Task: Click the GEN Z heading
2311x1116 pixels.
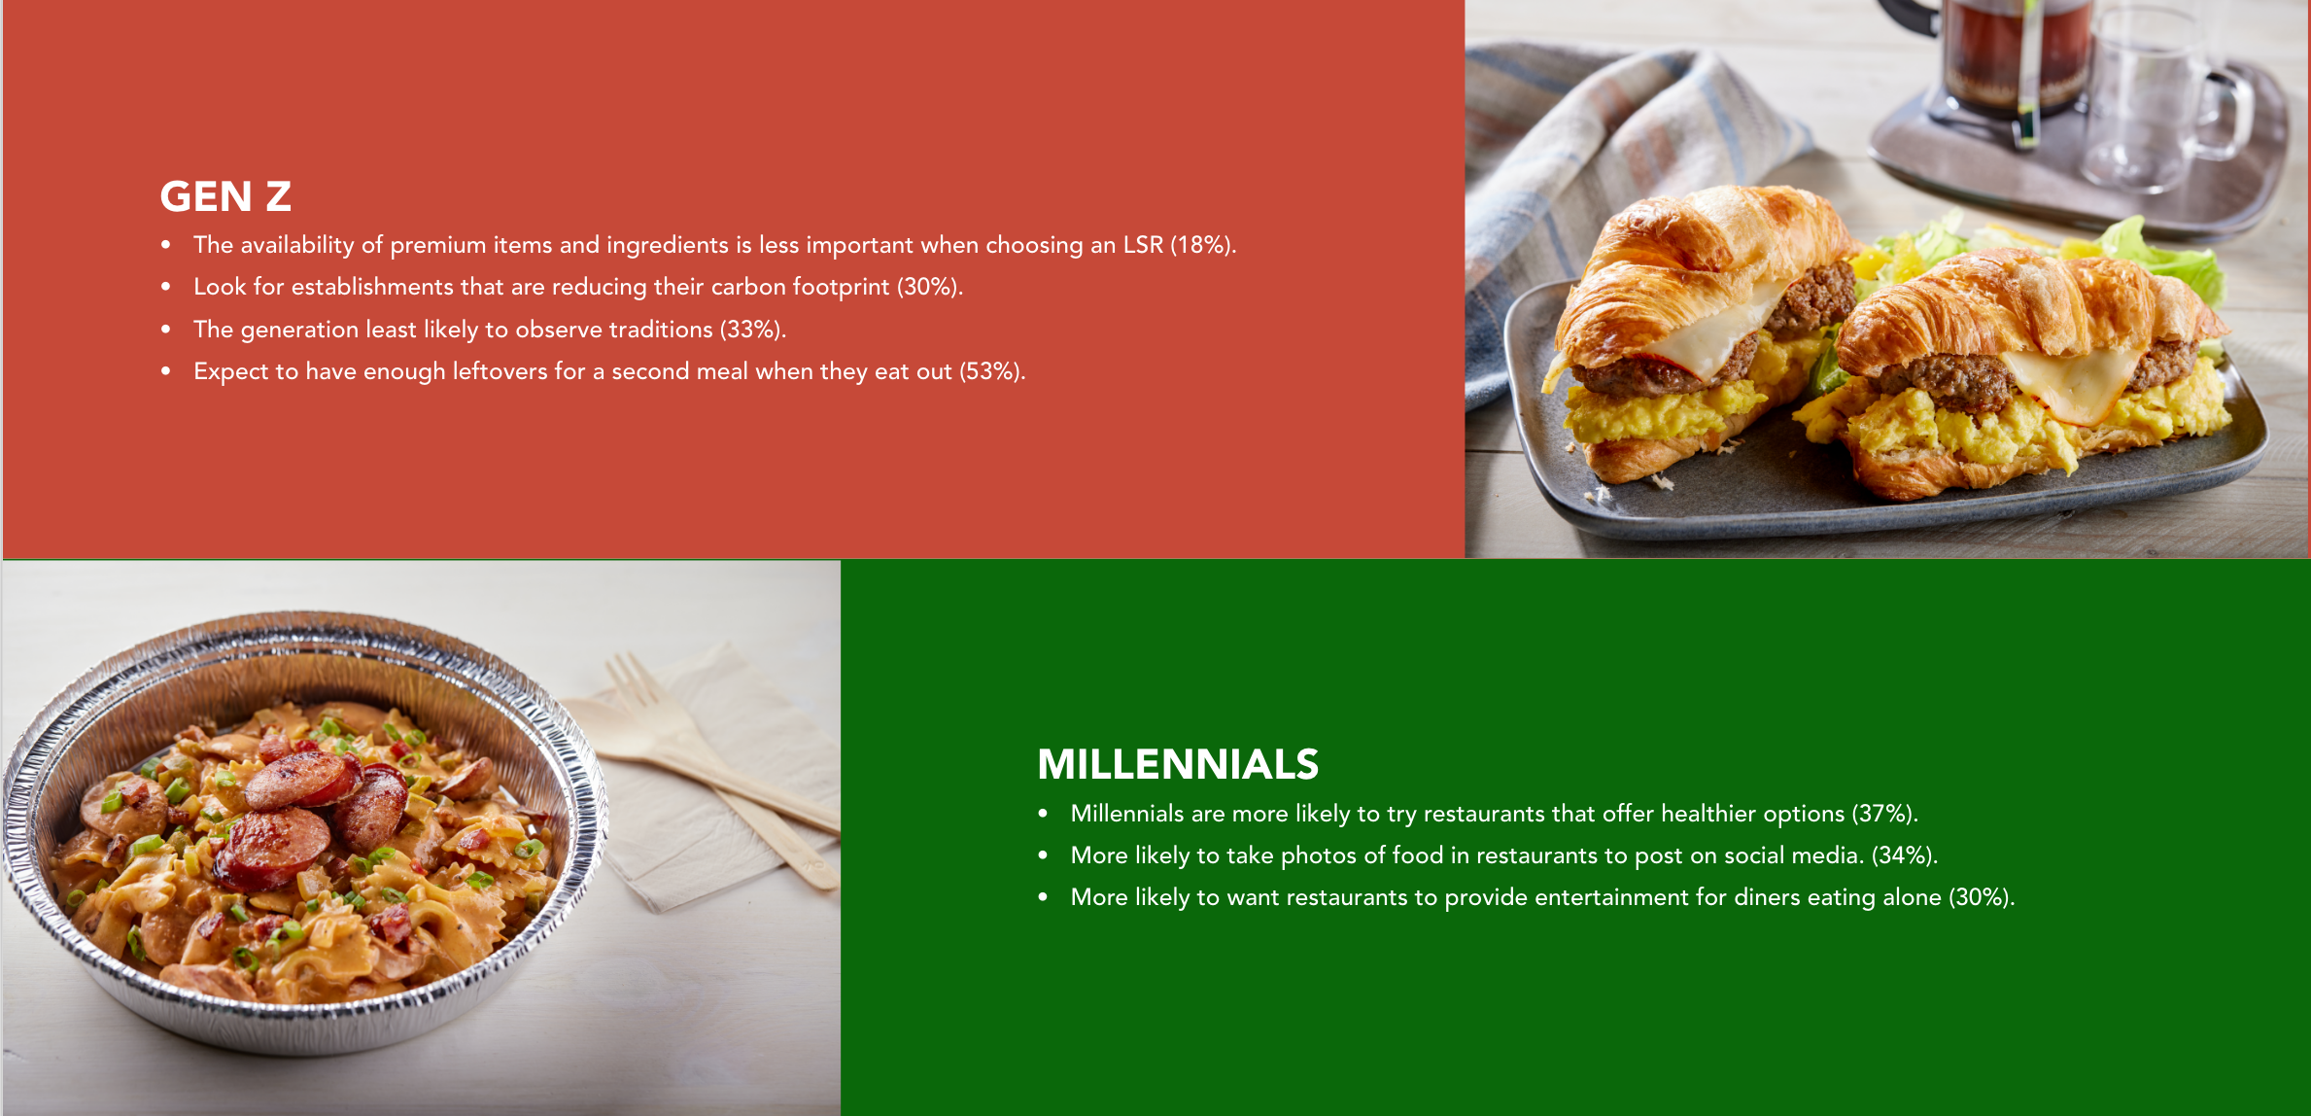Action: click(x=225, y=196)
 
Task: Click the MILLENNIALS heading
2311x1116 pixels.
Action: click(x=1178, y=764)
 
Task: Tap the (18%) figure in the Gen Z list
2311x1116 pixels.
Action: click(x=1202, y=245)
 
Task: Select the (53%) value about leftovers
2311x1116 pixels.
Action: click(x=992, y=371)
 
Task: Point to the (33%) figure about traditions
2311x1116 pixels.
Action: click(x=752, y=330)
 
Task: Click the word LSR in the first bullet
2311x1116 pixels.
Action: click(x=1143, y=245)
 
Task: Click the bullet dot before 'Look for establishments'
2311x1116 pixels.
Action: click(x=166, y=287)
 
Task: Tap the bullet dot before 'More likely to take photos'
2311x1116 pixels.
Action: click(x=1043, y=855)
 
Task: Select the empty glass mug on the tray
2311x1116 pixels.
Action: click(x=2157, y=97)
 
